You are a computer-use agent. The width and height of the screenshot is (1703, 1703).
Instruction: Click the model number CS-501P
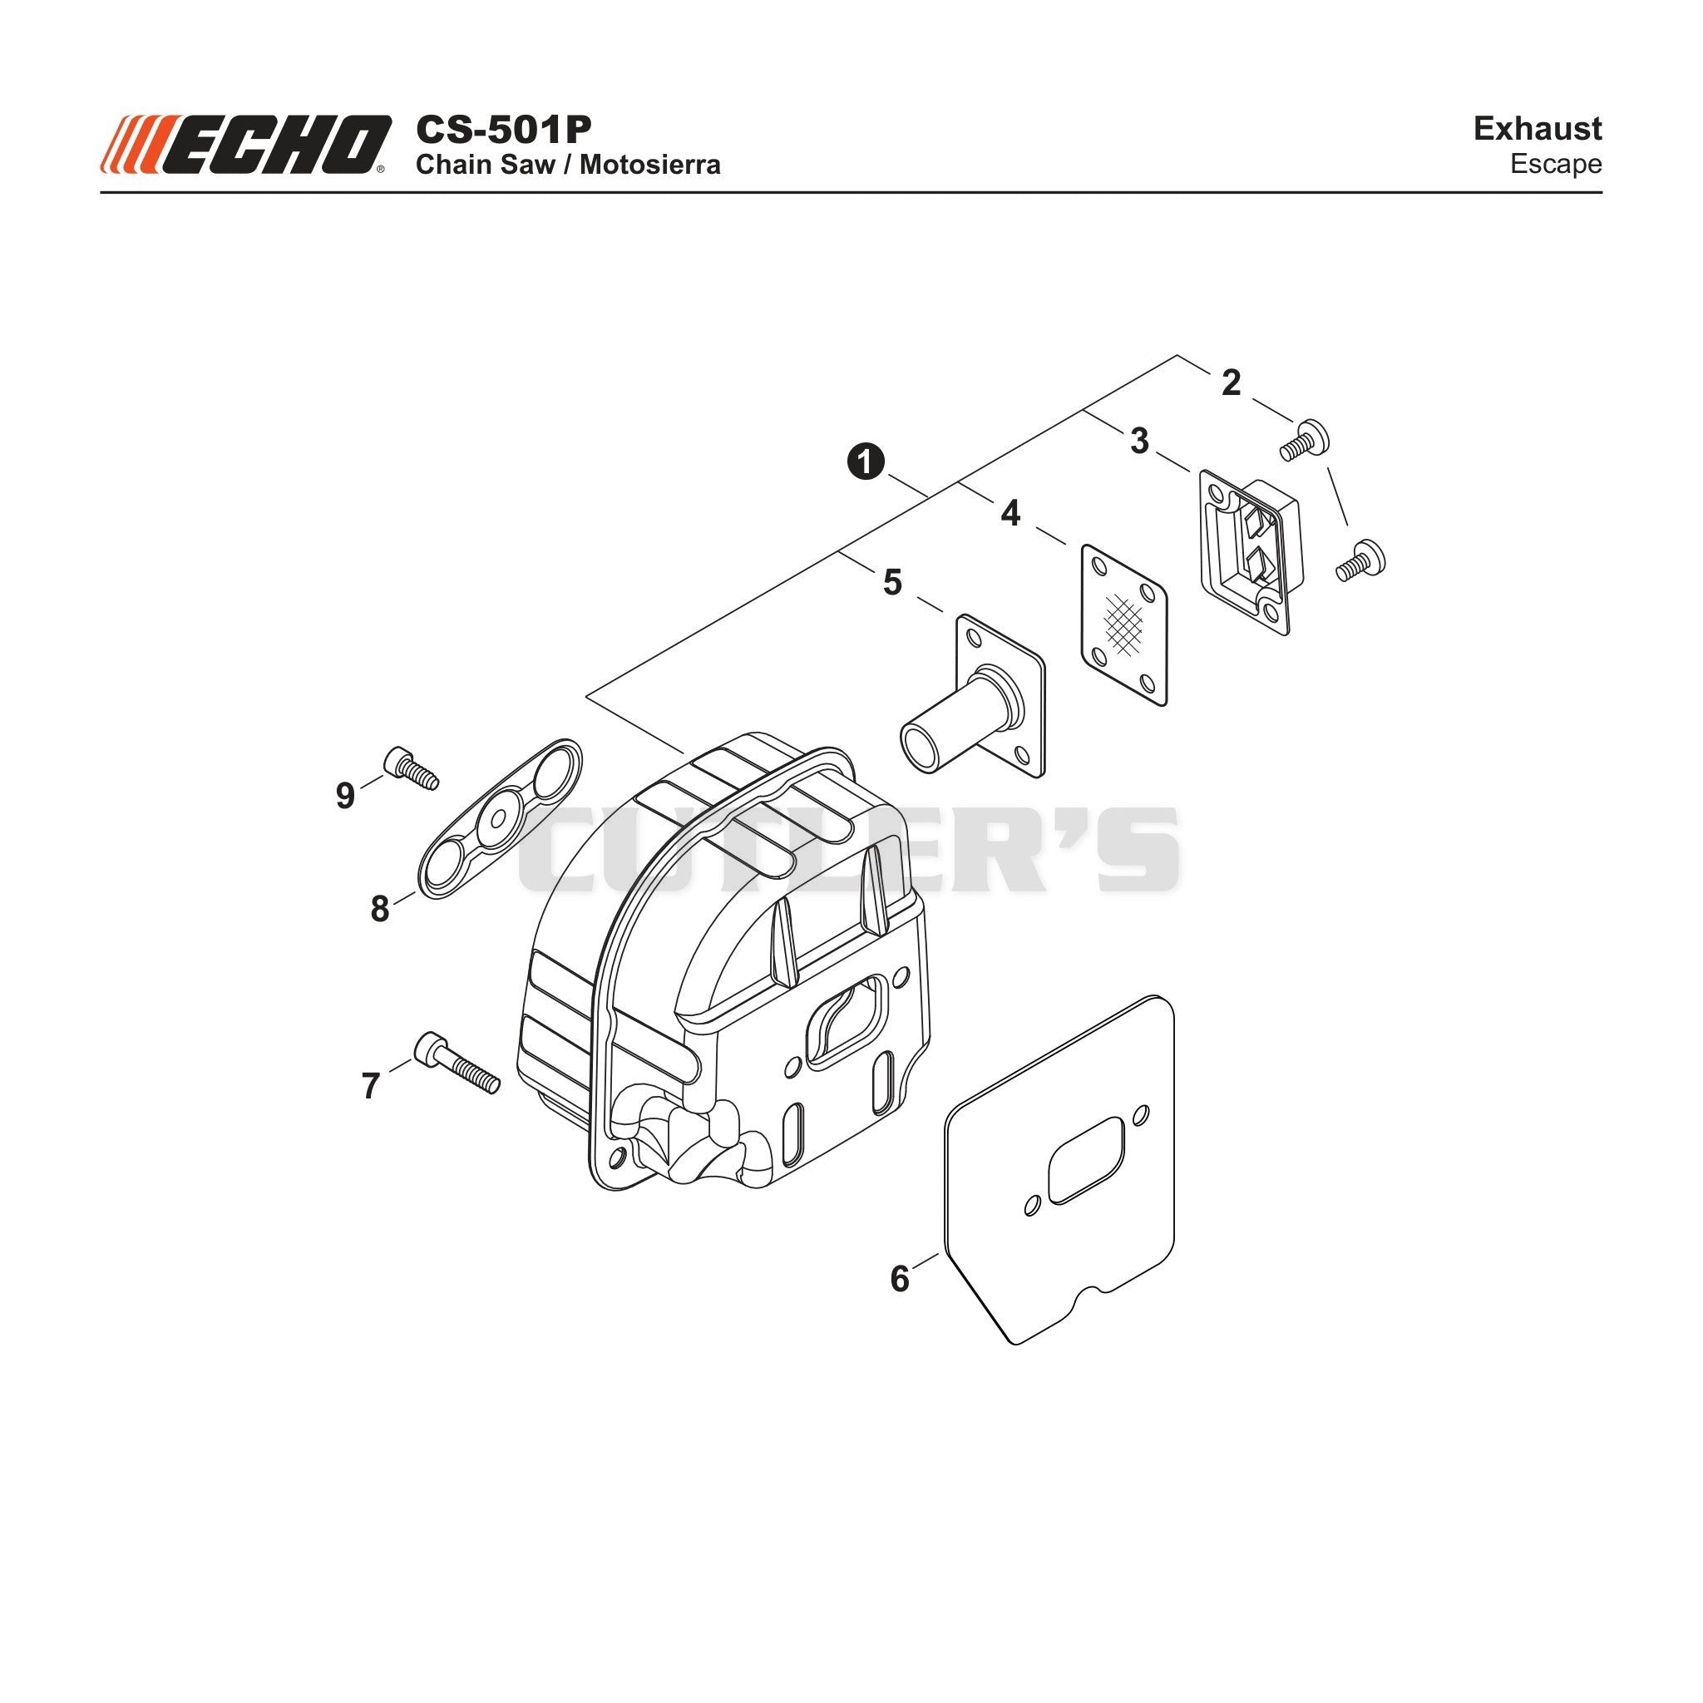[x=503, y=130]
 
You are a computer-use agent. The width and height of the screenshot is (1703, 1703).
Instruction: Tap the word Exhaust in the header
[x=1538, y=129]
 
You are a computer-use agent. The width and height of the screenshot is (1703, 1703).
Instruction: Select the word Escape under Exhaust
[x=1556, y=165]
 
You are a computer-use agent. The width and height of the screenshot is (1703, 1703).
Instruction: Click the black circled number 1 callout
[x=866, y=462]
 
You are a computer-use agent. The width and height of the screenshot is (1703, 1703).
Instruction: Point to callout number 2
[x=1232, y=383]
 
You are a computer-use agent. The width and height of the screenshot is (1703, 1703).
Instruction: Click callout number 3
[x=1140, y=441]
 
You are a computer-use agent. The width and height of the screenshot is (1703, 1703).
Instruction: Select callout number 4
[x=1010, y=513]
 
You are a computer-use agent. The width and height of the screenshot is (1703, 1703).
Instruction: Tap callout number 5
[x=892, y=583]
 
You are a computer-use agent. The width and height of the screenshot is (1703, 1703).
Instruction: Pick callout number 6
[x=899, y=1279]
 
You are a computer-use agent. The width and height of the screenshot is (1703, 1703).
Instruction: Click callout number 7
[x=370, y=1086]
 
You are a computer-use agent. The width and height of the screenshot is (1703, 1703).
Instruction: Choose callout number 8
[x=380, y=909]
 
